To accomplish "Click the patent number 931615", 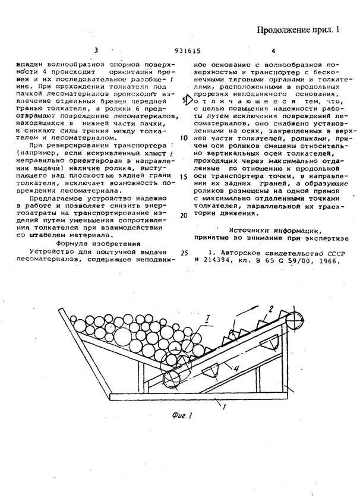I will pos(185,52).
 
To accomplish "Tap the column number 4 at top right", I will pos(273,52).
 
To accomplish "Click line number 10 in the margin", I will pos(184,137).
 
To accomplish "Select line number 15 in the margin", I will pos(184,176).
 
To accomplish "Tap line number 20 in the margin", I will pos(184,215).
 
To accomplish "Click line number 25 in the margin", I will pos(184,252).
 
